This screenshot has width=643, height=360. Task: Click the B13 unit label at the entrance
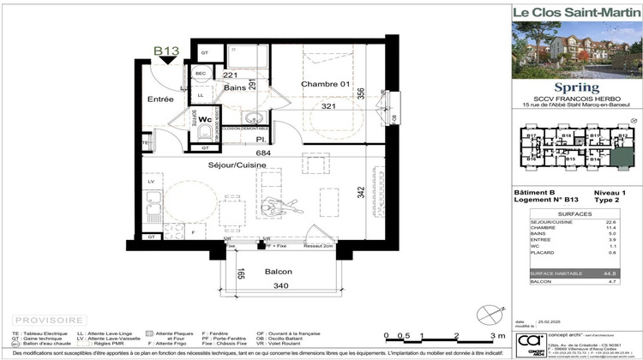click(x=165, y=51)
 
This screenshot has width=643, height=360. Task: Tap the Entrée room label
click(x=160, y=99)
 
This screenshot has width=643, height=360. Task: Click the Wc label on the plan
click(x=205, y=120)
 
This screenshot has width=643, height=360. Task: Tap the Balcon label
click(x=278, y=273)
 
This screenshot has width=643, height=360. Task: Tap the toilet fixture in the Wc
click(x=205, y=134)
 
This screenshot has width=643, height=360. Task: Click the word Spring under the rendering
click(x=572, y=87)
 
